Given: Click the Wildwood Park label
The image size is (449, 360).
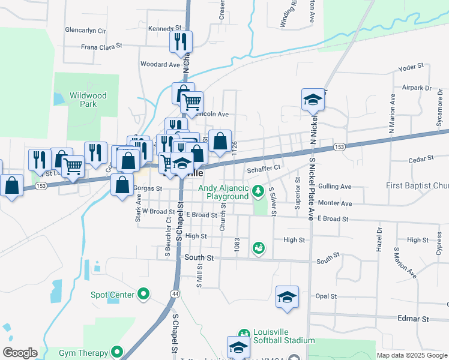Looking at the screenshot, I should (x=88, y=100).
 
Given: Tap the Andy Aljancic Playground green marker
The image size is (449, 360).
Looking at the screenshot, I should (x=258, y=191).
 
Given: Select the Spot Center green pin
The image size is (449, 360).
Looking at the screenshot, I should (x=143, y=294).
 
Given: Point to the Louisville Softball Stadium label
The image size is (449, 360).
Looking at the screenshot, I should (x=277, y=336).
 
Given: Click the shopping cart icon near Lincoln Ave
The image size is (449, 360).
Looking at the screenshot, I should (x=192, y=103).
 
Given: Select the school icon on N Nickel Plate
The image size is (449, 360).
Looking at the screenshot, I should (x=313, y=100).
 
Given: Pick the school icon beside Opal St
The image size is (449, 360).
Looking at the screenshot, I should (x=288, y=296).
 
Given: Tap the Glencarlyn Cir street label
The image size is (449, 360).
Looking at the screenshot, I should (x=85, y=30).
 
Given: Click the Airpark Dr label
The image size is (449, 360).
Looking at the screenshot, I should (x=417, y=88).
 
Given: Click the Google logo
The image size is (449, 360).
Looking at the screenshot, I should (x=20, y=353).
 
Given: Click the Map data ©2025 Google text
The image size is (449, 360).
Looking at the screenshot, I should (x=411, y=355).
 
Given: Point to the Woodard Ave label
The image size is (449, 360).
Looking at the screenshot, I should (x=160, y=64).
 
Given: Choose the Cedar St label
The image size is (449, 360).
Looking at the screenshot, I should (x=420, y=158).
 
